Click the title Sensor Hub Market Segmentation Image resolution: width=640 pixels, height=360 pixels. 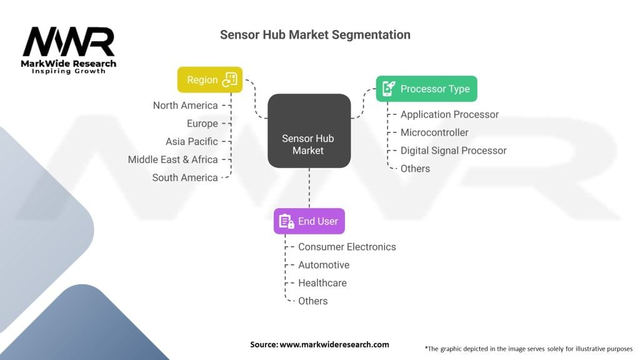(315, 35)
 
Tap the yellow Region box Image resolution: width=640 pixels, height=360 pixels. (209, 80)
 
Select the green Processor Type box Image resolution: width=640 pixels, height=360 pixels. (426, 89)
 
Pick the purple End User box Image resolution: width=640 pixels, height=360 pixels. (309, 221)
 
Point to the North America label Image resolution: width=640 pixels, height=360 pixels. (185, 106)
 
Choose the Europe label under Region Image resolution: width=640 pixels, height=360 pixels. (202, 124)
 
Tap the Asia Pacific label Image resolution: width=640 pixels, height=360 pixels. (191, 142)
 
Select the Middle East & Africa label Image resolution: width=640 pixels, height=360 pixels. (172, 159)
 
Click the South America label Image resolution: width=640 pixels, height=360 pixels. (185, 177)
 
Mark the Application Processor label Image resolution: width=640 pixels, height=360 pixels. (449, 114)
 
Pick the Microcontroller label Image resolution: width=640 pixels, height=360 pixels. (434, 132)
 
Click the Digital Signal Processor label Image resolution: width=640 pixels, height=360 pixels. (453, 151)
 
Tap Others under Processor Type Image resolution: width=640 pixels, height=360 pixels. (415, 169)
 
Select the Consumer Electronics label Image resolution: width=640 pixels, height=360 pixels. (347, 247)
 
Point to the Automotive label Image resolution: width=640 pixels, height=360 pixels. (323, 265)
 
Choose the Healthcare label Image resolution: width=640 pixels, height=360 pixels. (322, 283)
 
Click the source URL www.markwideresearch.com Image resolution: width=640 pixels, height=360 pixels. (334, 344)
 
